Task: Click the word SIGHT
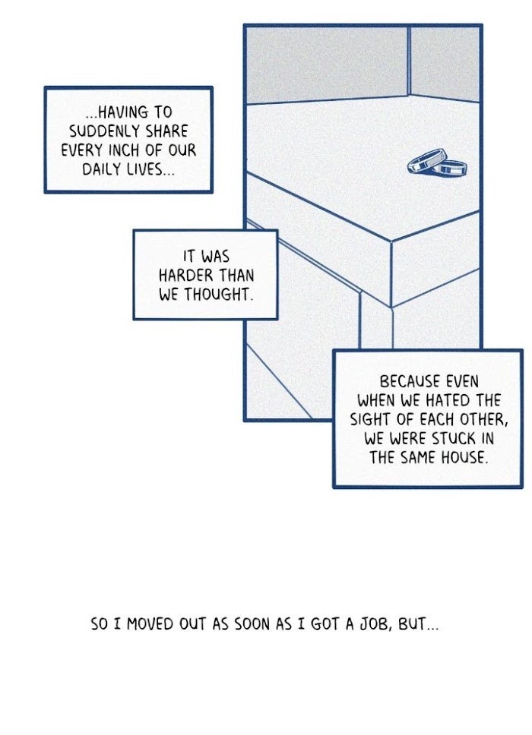(370, 419)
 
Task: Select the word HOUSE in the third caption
(466, 458)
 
